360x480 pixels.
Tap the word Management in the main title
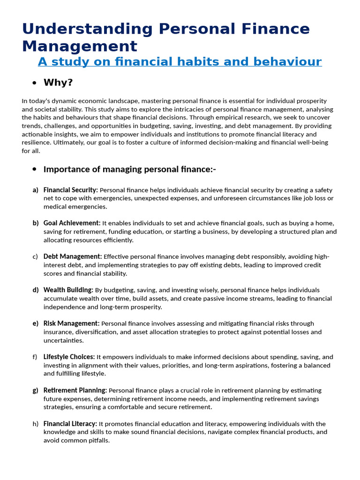80,46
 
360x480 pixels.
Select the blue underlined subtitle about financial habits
180,61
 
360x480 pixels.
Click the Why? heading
58,83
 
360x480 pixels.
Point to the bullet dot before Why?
34,83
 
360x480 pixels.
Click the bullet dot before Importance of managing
34,169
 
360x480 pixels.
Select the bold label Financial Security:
70,190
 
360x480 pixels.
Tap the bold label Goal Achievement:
72,223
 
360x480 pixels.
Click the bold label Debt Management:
72,256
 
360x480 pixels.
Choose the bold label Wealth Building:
68,290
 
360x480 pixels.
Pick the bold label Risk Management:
71,323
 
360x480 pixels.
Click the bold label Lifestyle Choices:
69,357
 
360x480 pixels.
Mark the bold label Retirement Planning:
75,390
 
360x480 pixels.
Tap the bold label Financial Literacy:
70,424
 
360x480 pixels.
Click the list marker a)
36,190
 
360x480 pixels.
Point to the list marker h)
36,424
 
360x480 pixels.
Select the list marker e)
36,323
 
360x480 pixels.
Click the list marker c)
36,256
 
